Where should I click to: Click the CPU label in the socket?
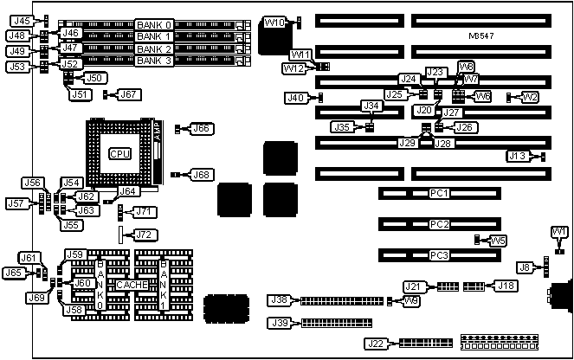click(x=120, y=153)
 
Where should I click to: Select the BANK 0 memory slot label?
click(x=155, y=24)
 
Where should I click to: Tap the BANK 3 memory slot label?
click(x=155, y=61)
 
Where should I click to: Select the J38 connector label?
click(x=280, y=301)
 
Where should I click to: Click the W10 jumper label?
click(x=273, y=22)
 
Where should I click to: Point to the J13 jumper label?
click(x=517, y=156)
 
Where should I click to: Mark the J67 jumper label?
click(x=128, y=94)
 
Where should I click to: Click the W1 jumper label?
click(x=559, y=231)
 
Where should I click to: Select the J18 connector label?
click(x=505, y=286)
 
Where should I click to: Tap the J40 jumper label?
click(x=295, y=98)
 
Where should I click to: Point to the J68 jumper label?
click(x=201, y=175)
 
